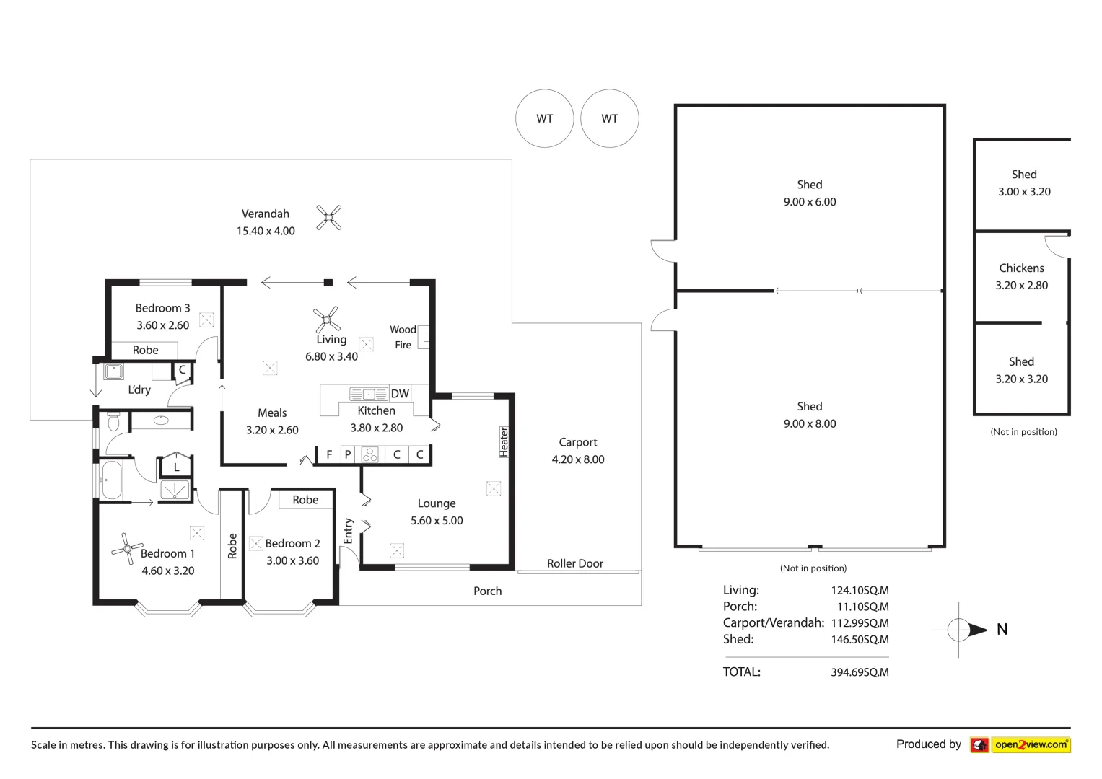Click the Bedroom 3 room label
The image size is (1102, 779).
coord(162,309)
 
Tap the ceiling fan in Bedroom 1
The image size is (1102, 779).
coord(127,548)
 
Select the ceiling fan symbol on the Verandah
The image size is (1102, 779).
coord(328,217)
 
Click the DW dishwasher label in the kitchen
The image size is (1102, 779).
coord(400,393)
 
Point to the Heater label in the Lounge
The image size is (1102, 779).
coord(504,441)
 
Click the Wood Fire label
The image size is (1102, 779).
coord(403,337)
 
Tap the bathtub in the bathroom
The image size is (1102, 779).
coord(112,480)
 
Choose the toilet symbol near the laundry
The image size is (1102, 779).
coord(113,421)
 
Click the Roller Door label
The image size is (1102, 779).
coord(575,563)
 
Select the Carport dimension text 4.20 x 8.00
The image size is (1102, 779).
coord(578,459)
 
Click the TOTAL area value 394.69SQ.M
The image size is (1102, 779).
coord(860,672)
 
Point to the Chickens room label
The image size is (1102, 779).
coord(1021,268)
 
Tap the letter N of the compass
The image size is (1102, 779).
coord(1002,629)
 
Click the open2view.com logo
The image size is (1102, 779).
coord(1020,744)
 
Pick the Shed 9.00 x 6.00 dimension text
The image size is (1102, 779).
coord(810,202)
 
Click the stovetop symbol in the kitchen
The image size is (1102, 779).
coord(370,454)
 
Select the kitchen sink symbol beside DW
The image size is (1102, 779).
coord(369,394)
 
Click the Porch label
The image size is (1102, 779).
coord(488,591)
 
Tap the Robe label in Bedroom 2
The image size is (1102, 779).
coord(305,500)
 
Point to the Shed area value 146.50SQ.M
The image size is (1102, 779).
coord(860,639)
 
